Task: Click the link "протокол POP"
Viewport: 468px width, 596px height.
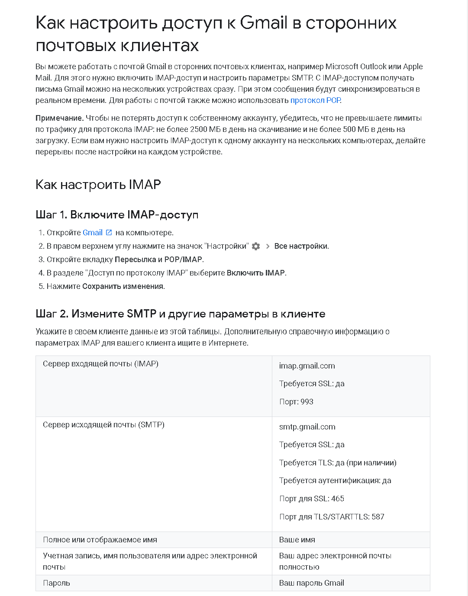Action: [x=315, y=100]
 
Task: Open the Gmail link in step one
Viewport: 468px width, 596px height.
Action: [x=92, y=233]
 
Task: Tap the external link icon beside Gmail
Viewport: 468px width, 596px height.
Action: [x=109, y=233]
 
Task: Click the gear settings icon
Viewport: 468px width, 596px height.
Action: [x=256, y=246]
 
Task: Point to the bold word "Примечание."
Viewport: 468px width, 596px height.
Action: [x=59, y=118]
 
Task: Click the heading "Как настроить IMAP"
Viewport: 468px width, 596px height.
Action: [x=98, y=185]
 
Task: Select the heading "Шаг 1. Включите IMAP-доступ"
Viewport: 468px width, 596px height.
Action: [x=117, y=215]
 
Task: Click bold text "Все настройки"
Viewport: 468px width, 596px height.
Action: [x=301, y=246]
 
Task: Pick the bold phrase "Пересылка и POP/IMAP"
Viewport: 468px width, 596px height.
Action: [x=158, y=260]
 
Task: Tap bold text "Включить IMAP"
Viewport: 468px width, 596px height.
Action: [x=255, y=273]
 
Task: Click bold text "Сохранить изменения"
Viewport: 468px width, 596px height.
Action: [x=123, y=286]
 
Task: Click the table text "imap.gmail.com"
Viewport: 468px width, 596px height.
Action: [x=307, y=366]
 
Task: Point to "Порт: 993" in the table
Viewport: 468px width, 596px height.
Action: [x=296, y=402]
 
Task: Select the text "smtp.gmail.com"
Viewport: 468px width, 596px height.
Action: [x=307, y=427]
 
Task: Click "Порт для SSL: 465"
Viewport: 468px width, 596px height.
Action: [x=311, y=499]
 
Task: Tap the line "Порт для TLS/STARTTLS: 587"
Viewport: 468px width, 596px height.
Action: [x=332, y=517]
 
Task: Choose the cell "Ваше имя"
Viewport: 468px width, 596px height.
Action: [x=297, y=540]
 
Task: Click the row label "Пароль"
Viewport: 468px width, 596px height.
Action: [x=56, y=583]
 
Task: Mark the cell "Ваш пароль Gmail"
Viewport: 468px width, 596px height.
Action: [x=311, y=583]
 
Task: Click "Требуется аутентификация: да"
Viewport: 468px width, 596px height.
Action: [x=335, y=481]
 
